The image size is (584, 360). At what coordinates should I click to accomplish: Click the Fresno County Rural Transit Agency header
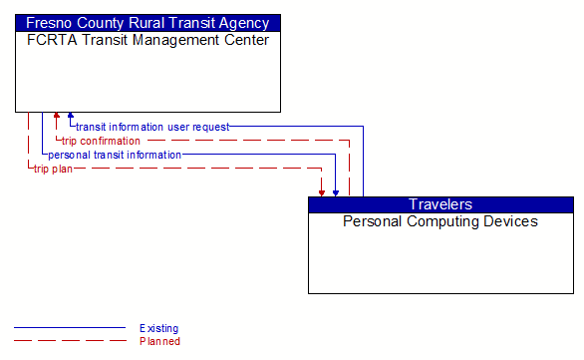pos(147,22)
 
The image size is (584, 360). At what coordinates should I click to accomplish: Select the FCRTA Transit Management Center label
pos(147,40)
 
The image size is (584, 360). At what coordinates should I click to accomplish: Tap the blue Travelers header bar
pos(440,204)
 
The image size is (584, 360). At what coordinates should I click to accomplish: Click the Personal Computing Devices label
pos(440,221)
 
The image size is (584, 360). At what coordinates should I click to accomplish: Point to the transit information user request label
pos(152,127)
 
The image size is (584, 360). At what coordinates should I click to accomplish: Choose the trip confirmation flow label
pos(101,141)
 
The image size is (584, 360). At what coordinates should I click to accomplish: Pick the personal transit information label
pos(115,155)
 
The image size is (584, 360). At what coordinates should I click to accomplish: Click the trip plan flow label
pos(53,169)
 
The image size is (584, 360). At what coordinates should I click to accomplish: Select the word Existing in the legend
pos(159,328)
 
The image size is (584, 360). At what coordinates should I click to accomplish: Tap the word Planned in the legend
pos(159,341)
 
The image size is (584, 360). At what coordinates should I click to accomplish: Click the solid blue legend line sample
pos(70,328)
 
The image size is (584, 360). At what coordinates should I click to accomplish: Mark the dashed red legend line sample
pos(70,341)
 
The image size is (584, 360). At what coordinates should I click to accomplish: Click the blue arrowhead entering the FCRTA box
pos(70,117)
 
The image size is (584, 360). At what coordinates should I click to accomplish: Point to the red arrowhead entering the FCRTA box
pos(57,117)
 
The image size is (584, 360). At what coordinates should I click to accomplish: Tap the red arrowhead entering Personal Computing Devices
pos(322,191)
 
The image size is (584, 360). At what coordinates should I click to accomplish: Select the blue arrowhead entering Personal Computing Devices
pos(336,191)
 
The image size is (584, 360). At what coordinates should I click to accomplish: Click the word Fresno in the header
pos(49,22)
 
